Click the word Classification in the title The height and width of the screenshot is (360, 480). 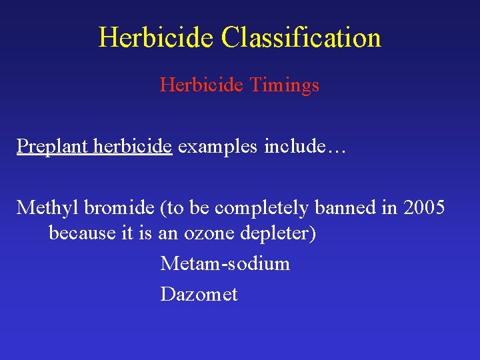pos(301,38)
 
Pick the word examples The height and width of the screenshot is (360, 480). pos(219,147)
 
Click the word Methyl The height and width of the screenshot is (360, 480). pos(44,208)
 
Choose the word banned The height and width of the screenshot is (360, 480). pos(342,208)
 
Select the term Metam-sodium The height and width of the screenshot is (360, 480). pos(225,264)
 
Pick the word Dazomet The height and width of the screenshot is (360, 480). pos(199,294)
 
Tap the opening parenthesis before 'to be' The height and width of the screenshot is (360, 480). pos(163,209)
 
